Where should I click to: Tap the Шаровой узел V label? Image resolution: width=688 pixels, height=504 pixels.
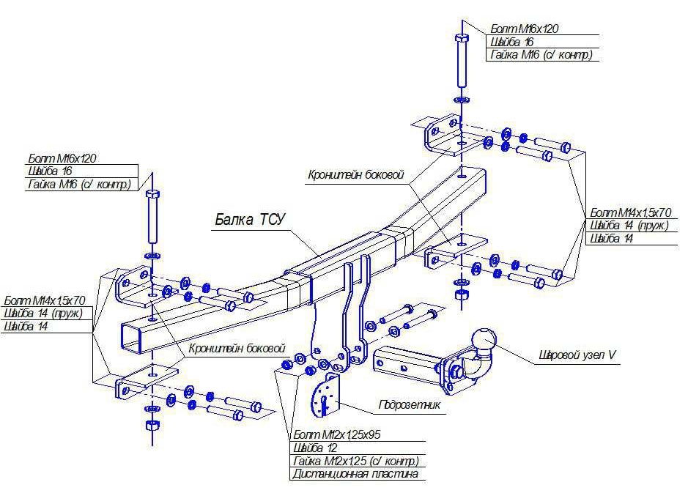578,355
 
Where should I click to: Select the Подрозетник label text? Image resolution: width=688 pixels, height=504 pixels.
410,404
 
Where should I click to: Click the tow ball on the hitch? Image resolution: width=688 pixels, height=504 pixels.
484,339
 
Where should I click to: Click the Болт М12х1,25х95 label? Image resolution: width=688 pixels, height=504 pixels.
336,434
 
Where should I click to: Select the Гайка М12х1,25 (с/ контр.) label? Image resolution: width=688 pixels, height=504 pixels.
355,461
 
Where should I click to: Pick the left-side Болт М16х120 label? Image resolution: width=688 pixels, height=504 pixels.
62,157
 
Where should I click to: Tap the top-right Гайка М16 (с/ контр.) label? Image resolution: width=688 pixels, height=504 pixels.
539,55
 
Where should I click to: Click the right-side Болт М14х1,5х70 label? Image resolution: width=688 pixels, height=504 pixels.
629,212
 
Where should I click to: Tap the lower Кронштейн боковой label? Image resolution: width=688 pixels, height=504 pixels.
235,348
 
